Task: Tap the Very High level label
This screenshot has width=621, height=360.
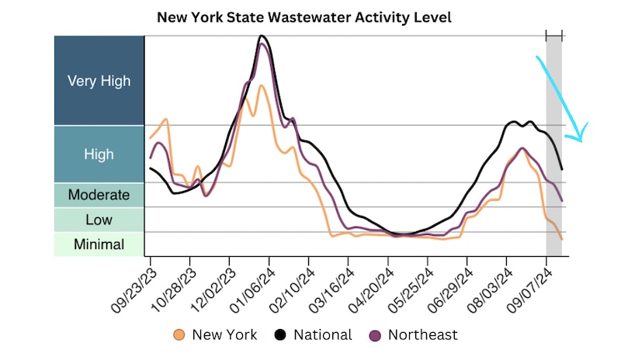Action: pyautogui.click(x=99, y=81)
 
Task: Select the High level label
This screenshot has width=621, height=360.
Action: pyautogui.click(x=99, y=154)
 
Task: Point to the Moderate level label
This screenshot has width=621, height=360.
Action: pyautogui.click(x=99, y=195)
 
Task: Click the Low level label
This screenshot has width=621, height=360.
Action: pyautogui.click(x=99, y=220)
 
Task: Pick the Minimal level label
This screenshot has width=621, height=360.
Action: pyautogui.click(x=99, y=244)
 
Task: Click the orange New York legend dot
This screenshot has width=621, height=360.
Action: pyautogui.click(x=179, y=335)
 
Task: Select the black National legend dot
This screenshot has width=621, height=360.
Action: pyautogui.click(x=279, y=335)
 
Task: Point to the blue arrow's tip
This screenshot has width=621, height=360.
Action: pyautogui.click(x=578, y=140)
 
